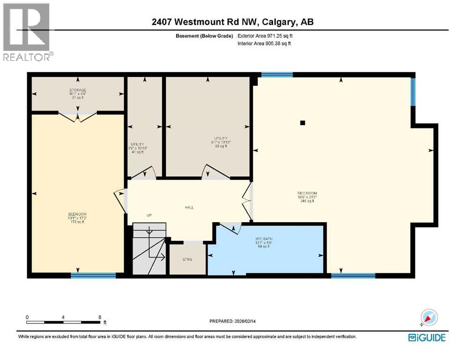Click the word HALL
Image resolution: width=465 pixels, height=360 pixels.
pyautogui.click(x=189, y=207)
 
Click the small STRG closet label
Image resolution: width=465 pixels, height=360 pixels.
pyautogui.click(x=187, y=259)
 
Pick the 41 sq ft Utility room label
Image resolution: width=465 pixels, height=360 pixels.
pyautogui.click(x=138, y=144)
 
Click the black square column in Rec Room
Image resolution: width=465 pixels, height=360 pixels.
pyautogui.click(x=303, y=123)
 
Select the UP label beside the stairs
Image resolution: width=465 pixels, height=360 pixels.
pyautogui.click(x=149, y=216)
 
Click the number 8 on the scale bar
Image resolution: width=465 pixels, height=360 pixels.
pyautogui.click(x=100, y=317)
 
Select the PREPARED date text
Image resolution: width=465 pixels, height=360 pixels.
pyautogui.click(x=233, y=322)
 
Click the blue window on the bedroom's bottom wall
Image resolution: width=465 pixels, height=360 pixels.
pyautogui.click(x=93, y=275)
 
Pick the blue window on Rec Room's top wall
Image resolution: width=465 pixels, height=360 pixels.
pyautogui.click(x=277, y=75)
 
